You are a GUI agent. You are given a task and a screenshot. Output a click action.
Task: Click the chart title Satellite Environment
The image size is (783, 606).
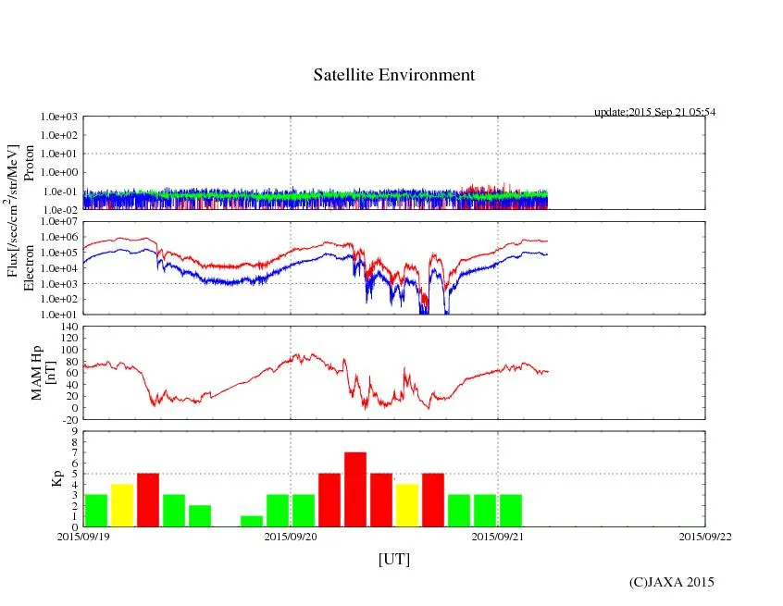(x=393, y=75)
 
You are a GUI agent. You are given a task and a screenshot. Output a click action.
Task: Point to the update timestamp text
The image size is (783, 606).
(x=654, y=112)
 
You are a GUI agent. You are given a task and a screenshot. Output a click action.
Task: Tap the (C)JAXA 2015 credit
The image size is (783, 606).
(x=671, y=582)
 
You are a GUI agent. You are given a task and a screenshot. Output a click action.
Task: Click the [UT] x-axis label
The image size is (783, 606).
(x=393, y=560)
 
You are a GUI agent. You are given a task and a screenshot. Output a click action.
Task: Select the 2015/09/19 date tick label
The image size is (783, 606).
(x=83, y=536)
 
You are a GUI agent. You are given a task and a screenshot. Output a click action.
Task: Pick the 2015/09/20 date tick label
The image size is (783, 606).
(x=291, y=536)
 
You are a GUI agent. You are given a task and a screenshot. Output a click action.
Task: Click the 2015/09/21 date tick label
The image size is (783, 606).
(x=498, y=536)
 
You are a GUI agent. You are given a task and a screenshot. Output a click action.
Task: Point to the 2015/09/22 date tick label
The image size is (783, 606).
(x=704, y=536)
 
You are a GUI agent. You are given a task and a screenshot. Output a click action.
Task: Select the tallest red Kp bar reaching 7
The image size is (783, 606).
(x=355, y=489)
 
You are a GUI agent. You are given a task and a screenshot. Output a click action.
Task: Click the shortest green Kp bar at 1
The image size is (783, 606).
(x=252, y=521)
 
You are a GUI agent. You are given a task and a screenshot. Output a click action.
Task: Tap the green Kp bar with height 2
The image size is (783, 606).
(x=200, y=515)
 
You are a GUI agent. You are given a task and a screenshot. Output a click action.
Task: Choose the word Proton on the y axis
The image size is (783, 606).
(x=30, y=163)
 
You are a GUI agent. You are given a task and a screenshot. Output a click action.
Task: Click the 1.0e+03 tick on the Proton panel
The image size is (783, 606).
(x=60, y=117)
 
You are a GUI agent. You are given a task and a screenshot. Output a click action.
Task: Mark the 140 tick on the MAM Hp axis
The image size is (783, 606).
(x=68, y=327)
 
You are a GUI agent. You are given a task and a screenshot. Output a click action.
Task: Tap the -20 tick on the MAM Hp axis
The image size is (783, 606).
(x=68, y=419)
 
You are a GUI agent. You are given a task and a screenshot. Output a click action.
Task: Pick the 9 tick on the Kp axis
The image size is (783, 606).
(x=74, y=431)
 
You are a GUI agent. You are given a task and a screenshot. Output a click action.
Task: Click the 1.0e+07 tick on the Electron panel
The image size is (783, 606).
(x=60, y=222)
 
